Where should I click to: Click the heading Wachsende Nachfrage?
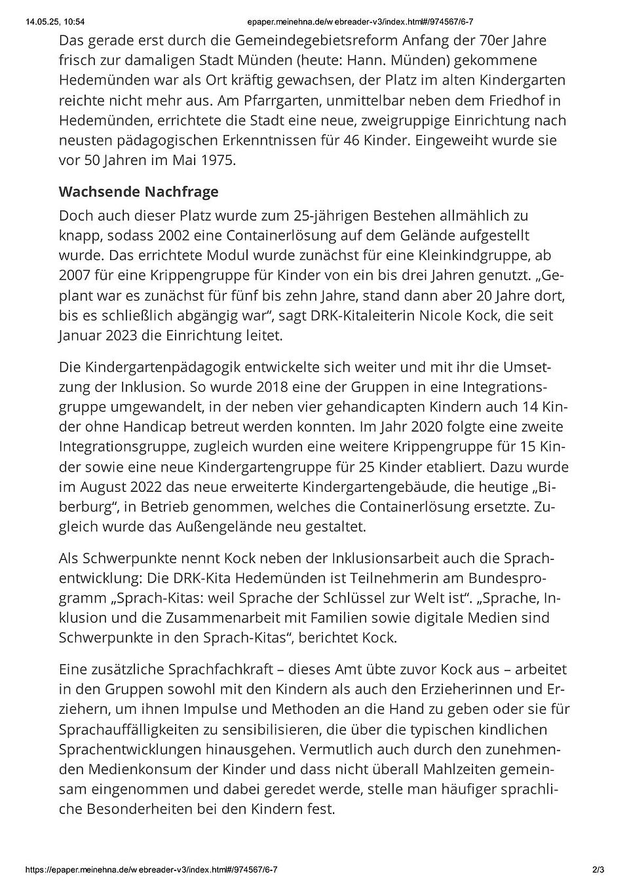pos(138,192)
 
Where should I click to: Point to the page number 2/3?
pos(598,870)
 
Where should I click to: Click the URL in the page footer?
pos(151,870)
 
